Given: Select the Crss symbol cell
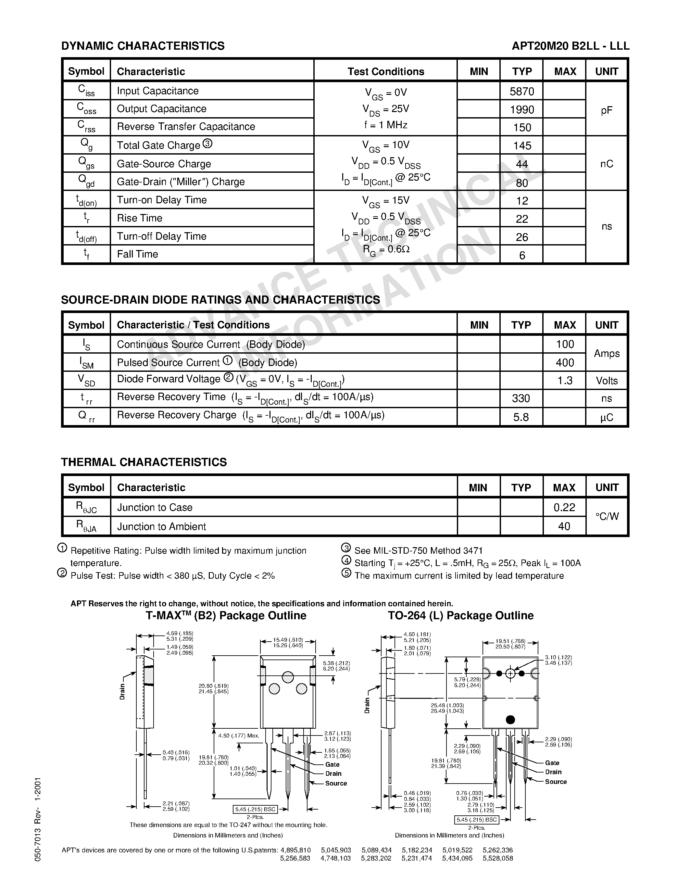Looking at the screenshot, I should [86, 127].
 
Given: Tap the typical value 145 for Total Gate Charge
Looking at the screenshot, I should [522, 145].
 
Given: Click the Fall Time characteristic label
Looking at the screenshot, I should [137, 254].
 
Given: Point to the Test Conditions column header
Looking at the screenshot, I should [385, 71].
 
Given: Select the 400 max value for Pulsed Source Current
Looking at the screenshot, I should [565, 363].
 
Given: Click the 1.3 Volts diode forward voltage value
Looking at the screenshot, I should [565, 381].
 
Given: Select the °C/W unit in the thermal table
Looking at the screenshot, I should [607, 516].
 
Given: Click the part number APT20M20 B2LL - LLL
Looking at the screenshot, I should [570, 46].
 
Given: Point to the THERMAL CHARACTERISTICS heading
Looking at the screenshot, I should [144, 462].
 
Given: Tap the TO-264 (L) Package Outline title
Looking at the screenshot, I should [461, 616].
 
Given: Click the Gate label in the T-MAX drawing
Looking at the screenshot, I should [332, 764].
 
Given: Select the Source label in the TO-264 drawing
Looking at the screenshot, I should [556, 781].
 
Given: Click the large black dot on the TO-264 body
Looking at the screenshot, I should [510, 719].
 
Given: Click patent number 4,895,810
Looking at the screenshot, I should [295, 850].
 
